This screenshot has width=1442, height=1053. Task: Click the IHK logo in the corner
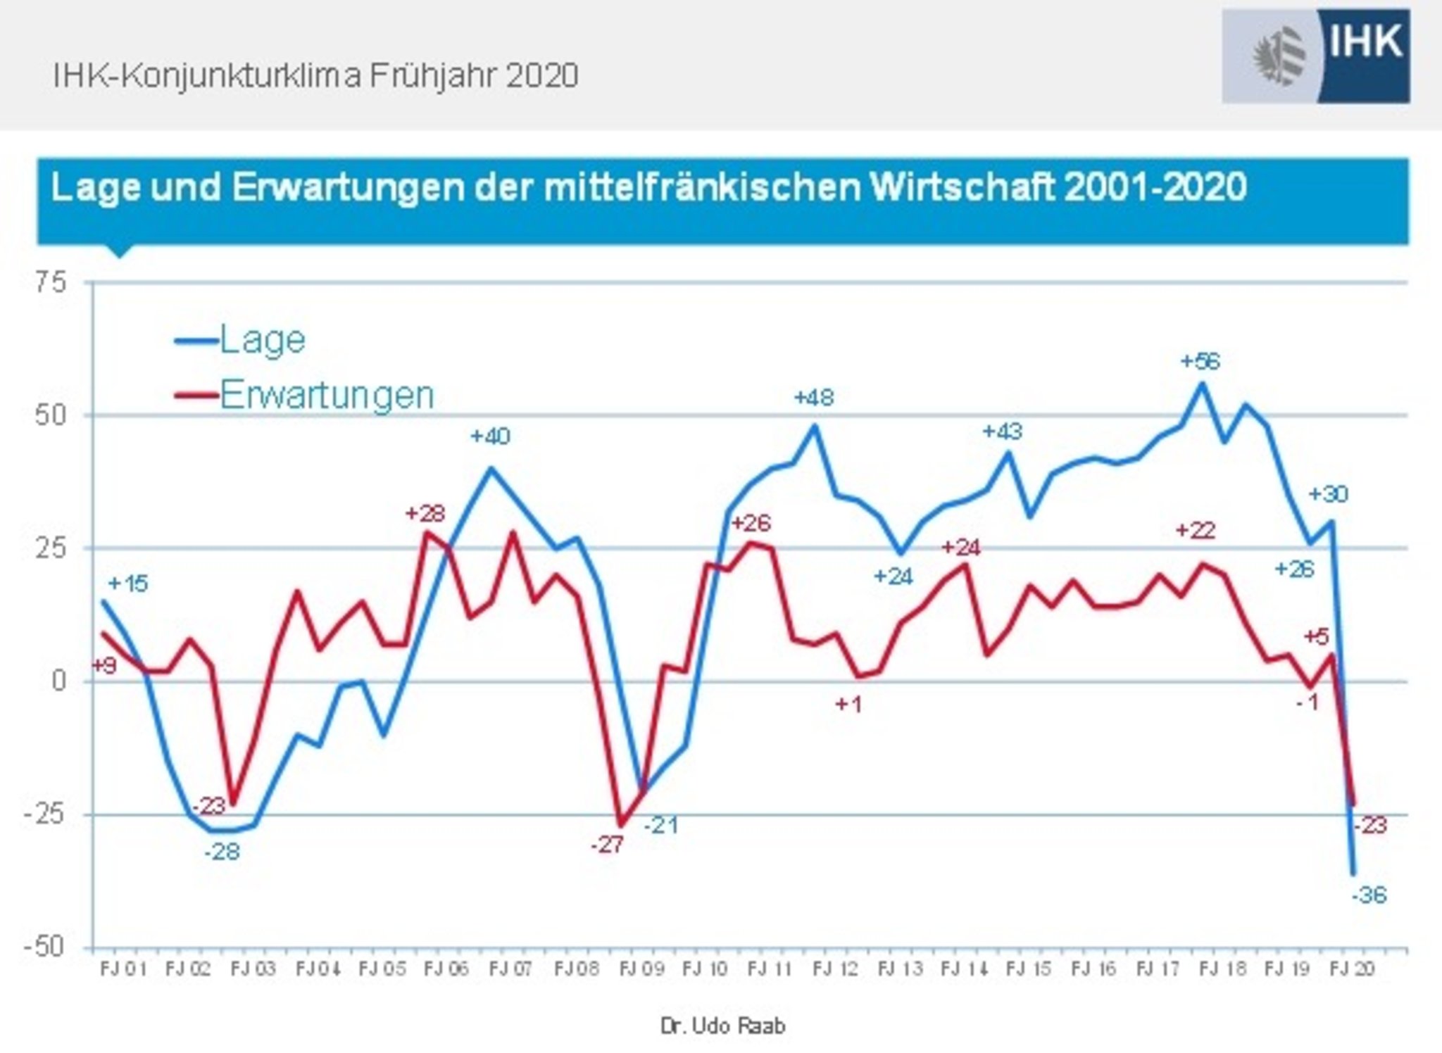coord(1315,56)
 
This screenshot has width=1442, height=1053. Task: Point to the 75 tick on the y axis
coord(50,283)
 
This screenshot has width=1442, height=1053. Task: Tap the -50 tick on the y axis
coord(45,947)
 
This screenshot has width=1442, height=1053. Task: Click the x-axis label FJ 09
coord(641,970)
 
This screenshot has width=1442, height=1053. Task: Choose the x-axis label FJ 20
coord(1352,970)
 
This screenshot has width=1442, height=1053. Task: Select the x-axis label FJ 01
coord(123,970)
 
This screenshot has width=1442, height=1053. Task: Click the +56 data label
coord(1200,362)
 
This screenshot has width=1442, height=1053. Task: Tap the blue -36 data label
coord(1369,895)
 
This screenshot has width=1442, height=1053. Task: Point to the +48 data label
coord(814,398)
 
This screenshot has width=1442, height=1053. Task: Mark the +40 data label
coord(490,436)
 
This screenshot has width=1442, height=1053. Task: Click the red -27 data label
coord(607,845)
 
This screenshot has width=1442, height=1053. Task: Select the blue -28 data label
coord(222,852)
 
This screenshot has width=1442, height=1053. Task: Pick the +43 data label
coord(1002,431)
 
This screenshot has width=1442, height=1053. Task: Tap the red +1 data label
coord(848,704)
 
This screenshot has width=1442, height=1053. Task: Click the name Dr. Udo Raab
coord(722,1026)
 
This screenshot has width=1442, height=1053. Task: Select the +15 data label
coord(128,584)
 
